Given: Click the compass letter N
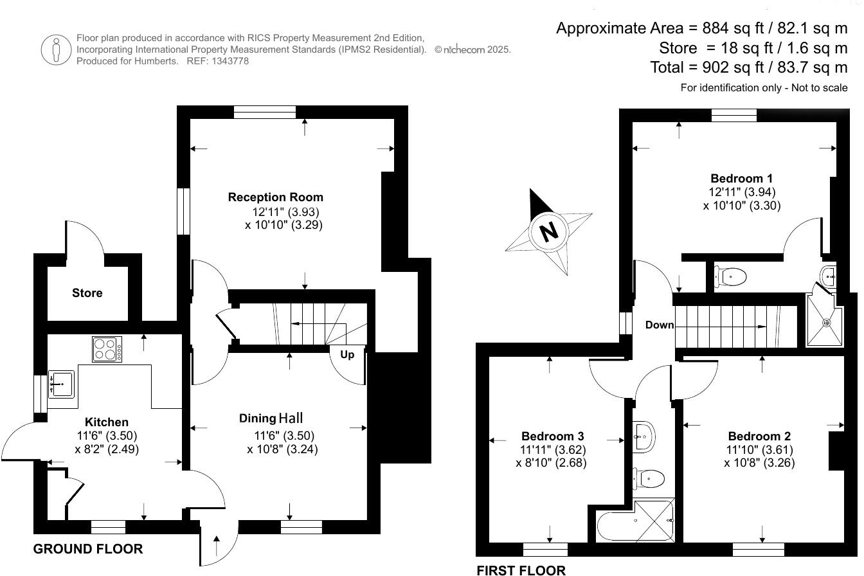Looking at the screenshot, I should [548, 231].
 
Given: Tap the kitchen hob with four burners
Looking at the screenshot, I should [107, 350].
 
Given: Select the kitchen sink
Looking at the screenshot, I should [61, 384].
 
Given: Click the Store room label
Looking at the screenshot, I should [87, 293].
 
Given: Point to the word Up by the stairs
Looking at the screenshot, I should [347, 354].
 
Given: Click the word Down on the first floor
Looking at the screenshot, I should [660, 325].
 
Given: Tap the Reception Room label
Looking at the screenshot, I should [276, 197].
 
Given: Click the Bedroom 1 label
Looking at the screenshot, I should [741, 178].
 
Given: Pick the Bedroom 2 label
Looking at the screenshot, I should [759, 436].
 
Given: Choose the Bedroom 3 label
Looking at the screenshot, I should [552, 436].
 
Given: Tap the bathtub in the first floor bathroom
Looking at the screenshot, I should [635, 526].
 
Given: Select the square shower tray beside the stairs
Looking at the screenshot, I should [824, 321].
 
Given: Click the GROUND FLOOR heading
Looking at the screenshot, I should [88, 549].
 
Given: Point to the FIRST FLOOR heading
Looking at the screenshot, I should [521, 570].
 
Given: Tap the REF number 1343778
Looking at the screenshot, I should [227, 61].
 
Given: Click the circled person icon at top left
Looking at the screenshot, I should [55, 50].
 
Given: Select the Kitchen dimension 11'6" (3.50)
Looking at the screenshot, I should [107, 436].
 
